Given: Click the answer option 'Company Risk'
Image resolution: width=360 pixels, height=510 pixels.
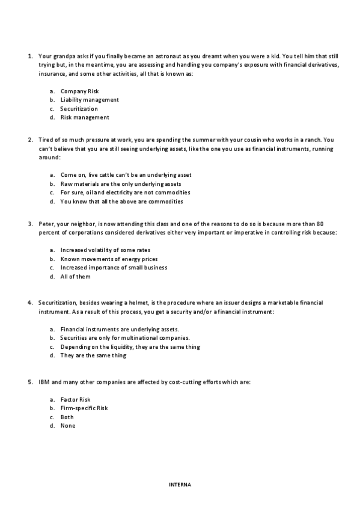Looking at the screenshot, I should (x=79, y=91).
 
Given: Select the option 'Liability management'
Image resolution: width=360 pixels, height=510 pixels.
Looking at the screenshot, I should (x=90, y=100).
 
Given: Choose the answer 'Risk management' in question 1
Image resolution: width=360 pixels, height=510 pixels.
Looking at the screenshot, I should (x=85, y=117).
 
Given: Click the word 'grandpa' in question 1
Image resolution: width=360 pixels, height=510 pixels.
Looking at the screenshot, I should (x=60, y=56).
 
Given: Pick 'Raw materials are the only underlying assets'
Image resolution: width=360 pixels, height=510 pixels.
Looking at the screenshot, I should (x=121, y=183).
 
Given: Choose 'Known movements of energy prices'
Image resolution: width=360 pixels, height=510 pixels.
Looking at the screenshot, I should (x=105, y=259).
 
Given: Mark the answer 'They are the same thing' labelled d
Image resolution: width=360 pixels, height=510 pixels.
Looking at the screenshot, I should (x=93, y=355).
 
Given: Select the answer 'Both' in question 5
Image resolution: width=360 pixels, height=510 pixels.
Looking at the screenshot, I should (x=67, y=417).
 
